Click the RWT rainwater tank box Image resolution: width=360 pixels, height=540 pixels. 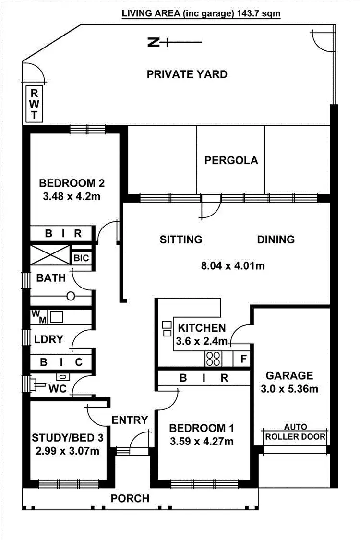point(35,104)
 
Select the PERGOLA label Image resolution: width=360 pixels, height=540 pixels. point(231,160)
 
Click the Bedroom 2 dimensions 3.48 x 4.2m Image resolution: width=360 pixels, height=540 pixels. point(72,196)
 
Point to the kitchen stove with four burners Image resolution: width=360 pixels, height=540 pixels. point(213,358)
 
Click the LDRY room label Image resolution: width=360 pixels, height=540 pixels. point(48,339)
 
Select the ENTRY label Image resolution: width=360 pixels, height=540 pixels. point(130,420)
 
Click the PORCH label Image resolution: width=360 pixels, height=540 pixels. point(130,498)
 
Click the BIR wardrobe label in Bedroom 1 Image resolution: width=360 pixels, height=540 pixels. point(204,378)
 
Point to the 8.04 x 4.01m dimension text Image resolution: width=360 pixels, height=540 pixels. point(232,265)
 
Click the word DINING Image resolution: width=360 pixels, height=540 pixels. point(276,239)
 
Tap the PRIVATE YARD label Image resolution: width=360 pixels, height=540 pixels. point(187,74)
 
